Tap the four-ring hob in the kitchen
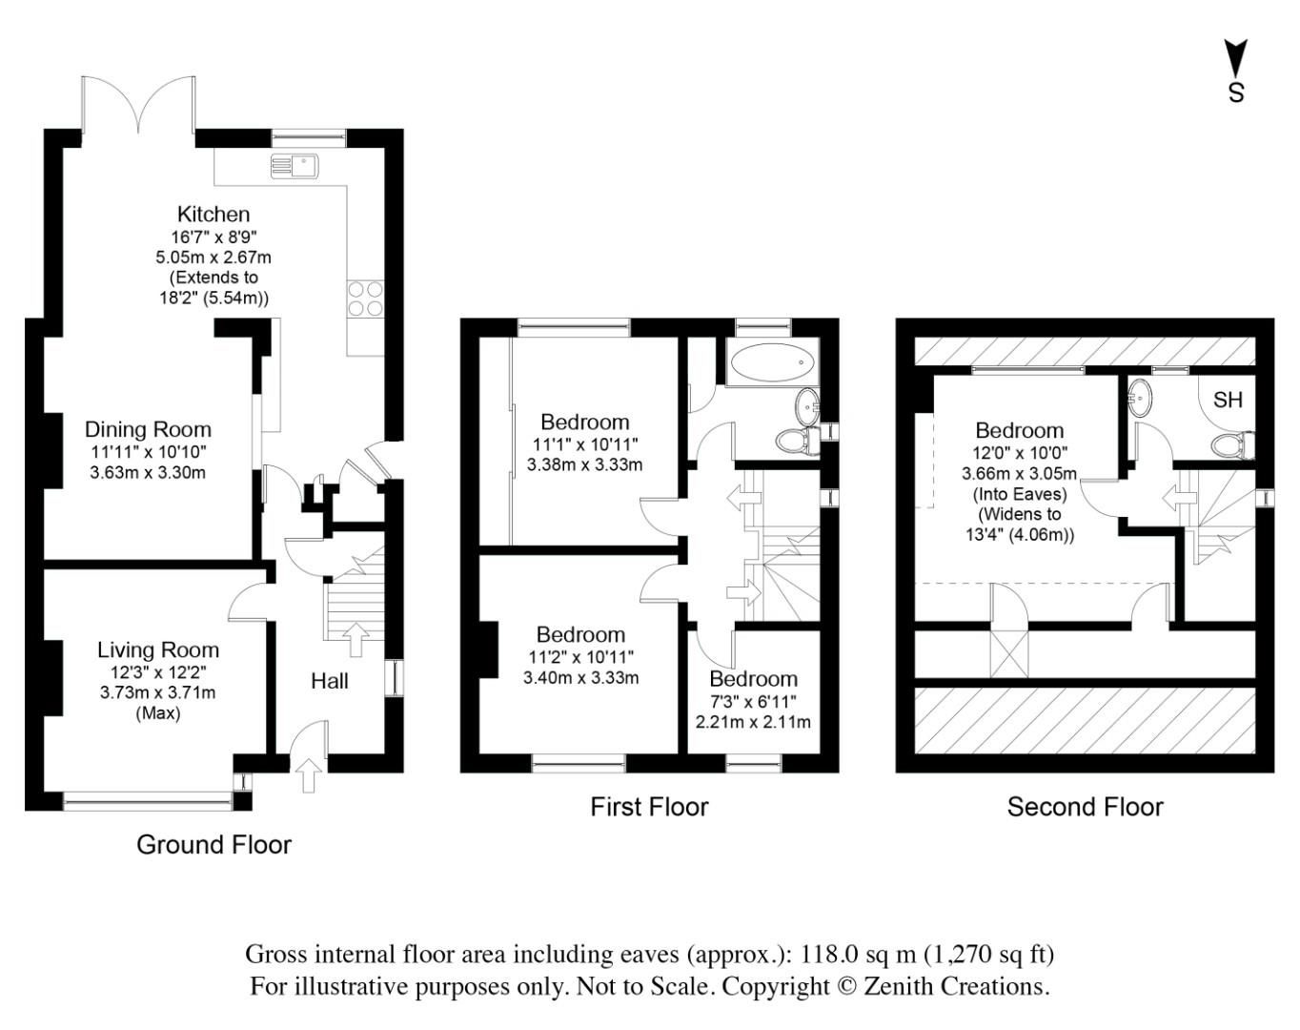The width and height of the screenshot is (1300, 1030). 365,298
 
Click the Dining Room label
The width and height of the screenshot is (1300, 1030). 148,429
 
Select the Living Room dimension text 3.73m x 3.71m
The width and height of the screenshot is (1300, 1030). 157,692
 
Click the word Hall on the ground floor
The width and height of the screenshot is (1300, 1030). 330,681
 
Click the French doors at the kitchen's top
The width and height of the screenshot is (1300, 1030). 139,105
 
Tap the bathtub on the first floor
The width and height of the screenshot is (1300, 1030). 772,363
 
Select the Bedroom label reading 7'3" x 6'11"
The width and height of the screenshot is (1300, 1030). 753,700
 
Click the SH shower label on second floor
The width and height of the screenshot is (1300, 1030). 1228,400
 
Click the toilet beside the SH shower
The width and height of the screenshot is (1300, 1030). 1231,444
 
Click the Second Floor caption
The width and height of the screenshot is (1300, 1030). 1085,807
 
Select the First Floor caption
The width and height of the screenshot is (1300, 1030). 649,807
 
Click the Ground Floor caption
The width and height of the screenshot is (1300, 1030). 213,844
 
